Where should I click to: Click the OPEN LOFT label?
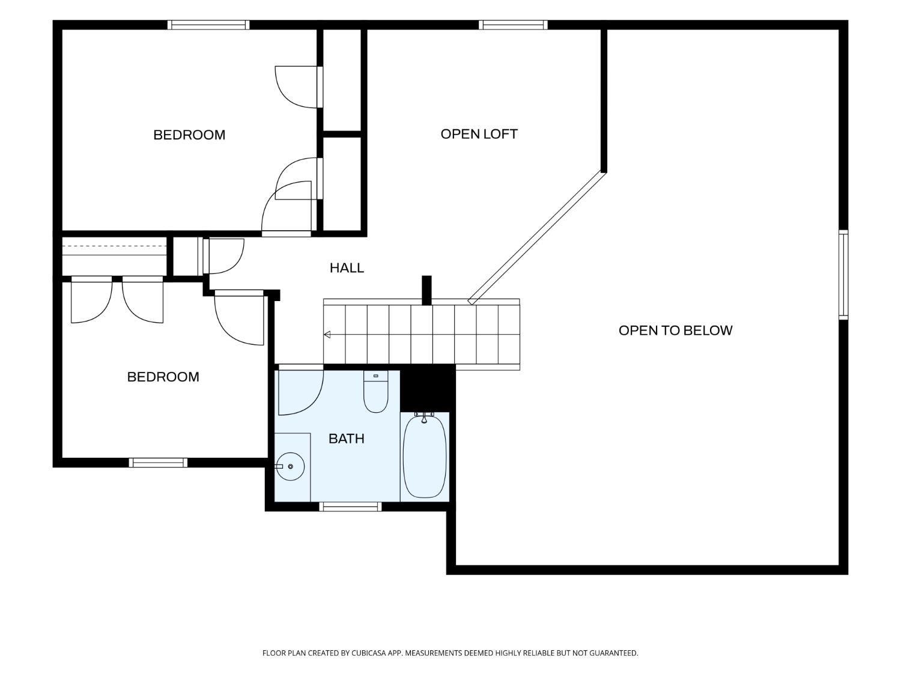(479, 134)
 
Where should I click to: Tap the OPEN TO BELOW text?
(675, 330)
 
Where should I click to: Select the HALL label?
(347, 268)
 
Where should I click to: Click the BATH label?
(347, 439)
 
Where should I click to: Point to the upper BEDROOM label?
(189, 135)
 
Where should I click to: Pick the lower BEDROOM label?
(163, 377)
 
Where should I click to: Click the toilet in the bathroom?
(375, 392)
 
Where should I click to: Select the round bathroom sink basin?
(290, 467)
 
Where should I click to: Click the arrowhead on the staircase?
(327, 335)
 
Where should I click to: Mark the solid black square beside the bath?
(427, 388)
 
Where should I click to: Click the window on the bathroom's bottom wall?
(351, 507)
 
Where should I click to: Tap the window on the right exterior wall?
(843, 275)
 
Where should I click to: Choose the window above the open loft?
(513, 25)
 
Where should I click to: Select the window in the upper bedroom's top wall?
(208, 25)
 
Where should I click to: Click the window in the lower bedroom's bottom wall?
(158, 463)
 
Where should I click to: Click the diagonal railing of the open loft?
(538, 238)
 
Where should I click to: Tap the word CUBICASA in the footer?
(369, 653)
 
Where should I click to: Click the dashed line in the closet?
(114, 246)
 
